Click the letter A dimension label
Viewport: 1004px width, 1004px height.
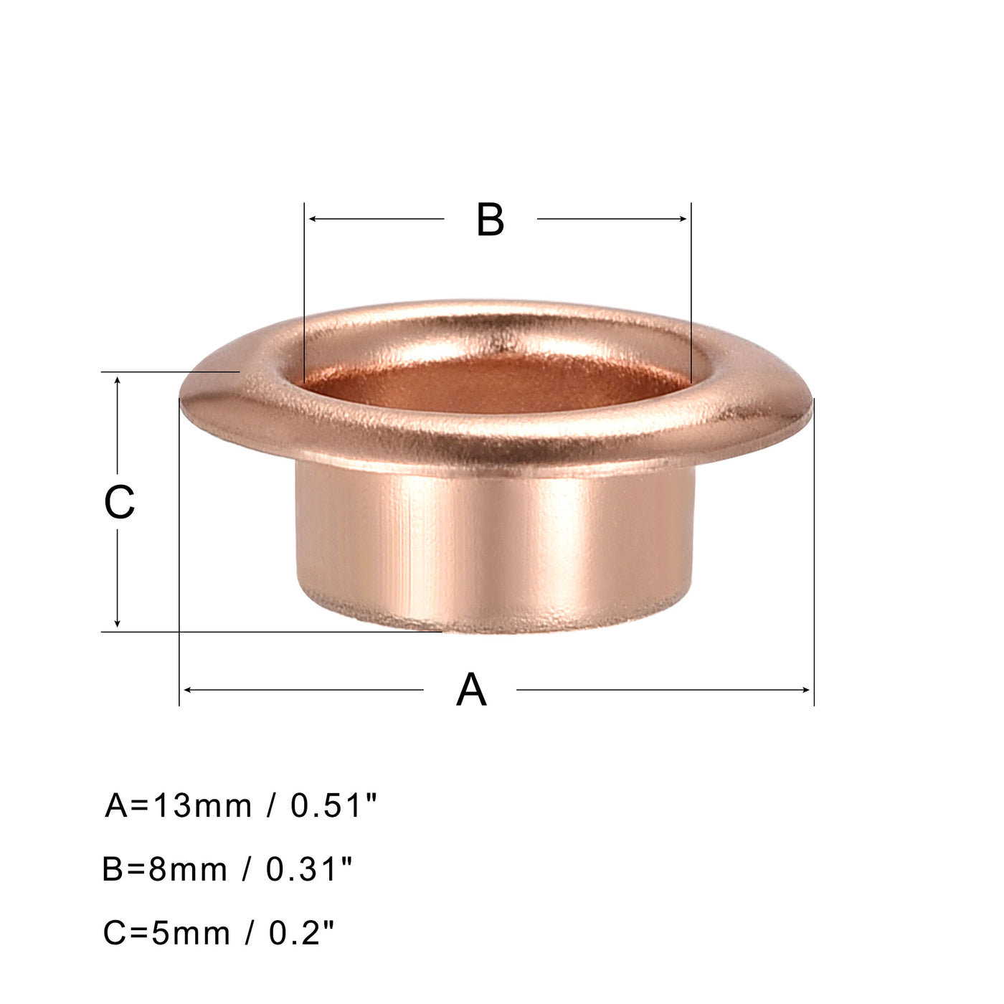(471, 690)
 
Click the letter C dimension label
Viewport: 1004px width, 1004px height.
(119, 502)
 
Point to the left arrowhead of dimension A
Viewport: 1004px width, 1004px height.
(187, 690)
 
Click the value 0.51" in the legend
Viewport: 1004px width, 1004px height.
(333, 806)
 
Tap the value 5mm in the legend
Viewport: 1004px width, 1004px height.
(191, 933)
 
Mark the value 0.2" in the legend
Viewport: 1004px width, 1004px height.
(302, 933)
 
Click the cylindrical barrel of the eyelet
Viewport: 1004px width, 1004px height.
(495, 545)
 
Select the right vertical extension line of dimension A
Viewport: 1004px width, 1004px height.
(814, 574)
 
